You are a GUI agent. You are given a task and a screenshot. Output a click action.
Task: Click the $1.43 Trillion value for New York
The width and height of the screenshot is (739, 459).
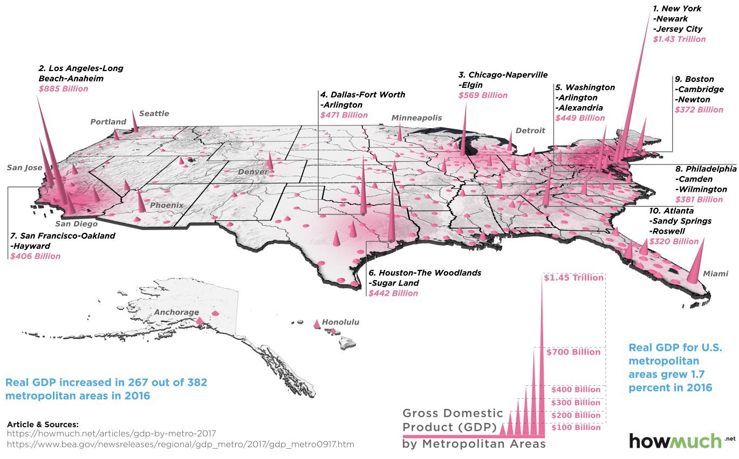coord(679,39)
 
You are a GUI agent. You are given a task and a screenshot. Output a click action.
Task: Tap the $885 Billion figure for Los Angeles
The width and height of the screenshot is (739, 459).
coord(63,89)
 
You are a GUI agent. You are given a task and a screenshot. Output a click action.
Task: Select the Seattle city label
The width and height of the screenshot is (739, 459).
coord(154,113)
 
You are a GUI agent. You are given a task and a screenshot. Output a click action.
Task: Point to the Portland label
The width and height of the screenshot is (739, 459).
coord(108,122)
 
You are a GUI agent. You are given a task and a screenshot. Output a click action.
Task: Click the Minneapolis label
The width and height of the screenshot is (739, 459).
coord(416,117)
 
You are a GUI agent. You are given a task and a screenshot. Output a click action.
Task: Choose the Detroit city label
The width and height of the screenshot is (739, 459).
coord(530,130)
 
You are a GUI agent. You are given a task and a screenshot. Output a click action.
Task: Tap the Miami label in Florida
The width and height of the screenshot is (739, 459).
coord(716,274)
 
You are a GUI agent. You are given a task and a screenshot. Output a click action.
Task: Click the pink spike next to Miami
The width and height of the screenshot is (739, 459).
coord(696,261)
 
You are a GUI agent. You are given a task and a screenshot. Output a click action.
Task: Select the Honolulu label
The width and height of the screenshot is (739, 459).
coord(340,322)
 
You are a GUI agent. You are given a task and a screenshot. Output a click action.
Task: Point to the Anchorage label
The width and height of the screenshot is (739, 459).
coord(176,312)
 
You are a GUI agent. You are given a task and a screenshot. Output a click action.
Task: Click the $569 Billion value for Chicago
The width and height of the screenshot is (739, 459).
coord(483,95)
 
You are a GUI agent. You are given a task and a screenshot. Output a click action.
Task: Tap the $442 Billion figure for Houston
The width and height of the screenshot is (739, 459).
coord(393,293)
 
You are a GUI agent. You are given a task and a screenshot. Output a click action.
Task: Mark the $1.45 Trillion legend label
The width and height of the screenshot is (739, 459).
coord(574,278)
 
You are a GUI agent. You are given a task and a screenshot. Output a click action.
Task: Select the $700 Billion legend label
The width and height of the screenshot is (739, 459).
coord(573,352)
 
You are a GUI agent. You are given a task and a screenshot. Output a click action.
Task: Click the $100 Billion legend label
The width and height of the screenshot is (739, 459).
coord(576,427)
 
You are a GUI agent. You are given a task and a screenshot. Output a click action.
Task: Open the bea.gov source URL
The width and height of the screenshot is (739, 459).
coord(181,444)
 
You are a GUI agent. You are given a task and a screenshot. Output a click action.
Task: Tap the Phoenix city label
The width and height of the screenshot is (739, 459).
coord(167,205)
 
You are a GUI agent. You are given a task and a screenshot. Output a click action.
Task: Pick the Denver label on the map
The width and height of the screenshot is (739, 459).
coord(253,172)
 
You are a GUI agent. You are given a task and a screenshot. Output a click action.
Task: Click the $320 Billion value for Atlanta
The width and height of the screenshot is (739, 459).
coord(674,241)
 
